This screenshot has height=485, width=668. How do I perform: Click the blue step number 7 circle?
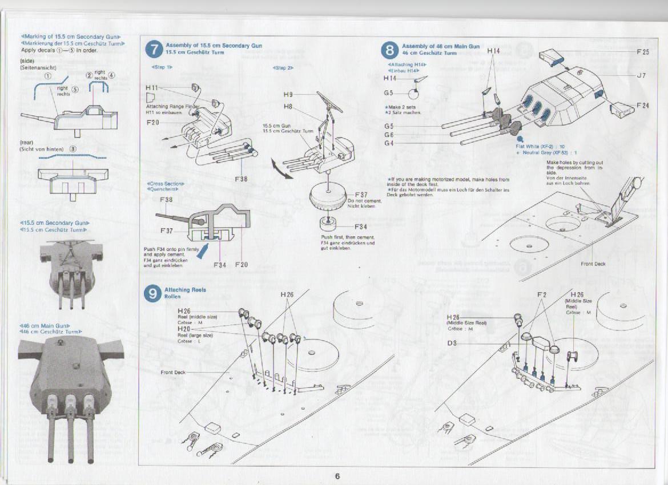coord(154,50)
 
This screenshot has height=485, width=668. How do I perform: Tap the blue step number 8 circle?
coord(389,50)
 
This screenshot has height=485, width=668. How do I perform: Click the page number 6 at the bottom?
coord(337,476)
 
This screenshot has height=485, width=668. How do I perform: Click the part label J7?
coord(641,75)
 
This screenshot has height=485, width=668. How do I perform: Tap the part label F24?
coord(643,106)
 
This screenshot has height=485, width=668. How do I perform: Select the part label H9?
coord(288,94)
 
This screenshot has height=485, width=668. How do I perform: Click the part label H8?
coord(288,106)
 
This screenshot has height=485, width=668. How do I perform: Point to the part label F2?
coord(542,294)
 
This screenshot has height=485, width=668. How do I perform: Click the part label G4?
coord(389,143)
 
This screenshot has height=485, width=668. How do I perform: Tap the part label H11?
coord(152,88)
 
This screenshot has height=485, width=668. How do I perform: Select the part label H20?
coord(184,329)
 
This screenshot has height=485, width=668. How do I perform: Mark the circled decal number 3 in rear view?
coord(73,149)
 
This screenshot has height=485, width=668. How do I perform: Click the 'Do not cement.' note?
coord(359,201)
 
